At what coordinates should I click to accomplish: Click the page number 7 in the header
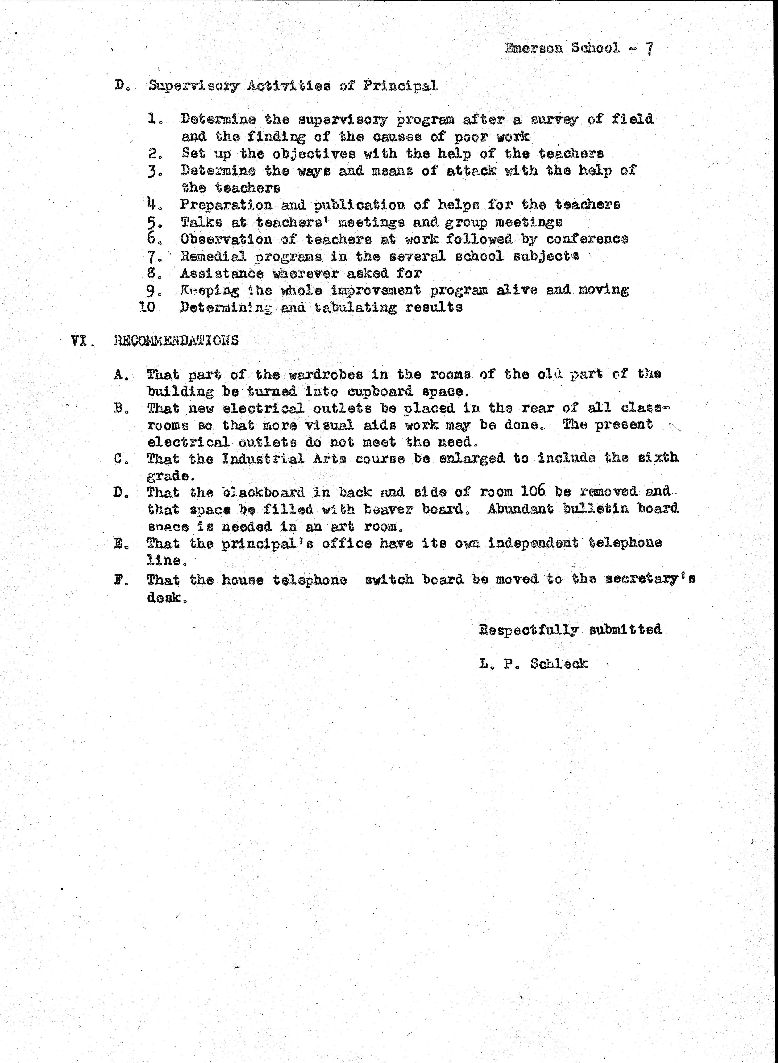pyautogui.click(x=649, y=49)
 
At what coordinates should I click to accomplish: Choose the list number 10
pyautogui.click(x=148, y=308)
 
